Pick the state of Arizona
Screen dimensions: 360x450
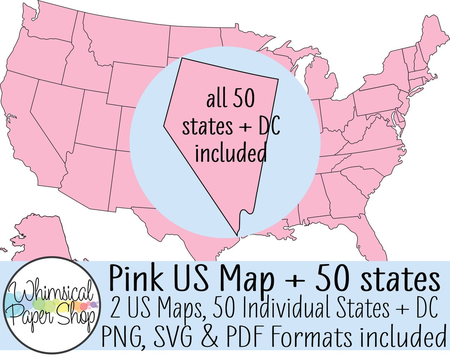[x=87, y=175]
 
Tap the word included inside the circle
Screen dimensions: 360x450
[x=230, y=153]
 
